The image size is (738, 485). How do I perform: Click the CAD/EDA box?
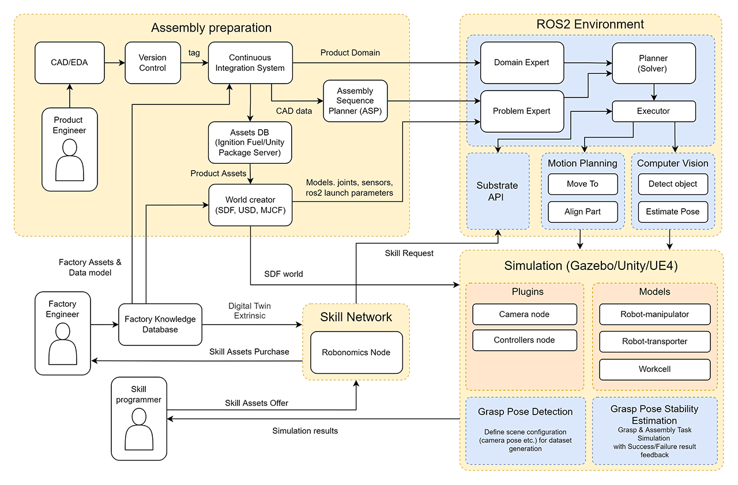point(69,62)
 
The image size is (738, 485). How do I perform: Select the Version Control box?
point(153,63)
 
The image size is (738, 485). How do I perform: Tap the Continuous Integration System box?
point(250,63)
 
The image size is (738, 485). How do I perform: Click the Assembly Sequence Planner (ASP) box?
point(355,101)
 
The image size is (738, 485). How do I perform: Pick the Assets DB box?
point(250,142)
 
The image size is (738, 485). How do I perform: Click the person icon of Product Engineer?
point(69,161)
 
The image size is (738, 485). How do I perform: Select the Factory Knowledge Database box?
point(160,324)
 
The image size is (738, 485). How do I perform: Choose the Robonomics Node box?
point(356,352)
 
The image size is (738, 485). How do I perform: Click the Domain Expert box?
point(522,62)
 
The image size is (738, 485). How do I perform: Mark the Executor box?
point(654,111)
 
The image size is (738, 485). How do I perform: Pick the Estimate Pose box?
point(673,212)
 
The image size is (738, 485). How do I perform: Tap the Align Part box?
point(582,212)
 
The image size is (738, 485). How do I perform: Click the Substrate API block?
point(497,191)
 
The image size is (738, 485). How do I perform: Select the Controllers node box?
point(524,340)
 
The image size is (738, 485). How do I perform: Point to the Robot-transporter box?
point(654,341)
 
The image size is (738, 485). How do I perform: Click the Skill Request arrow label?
point(409,253)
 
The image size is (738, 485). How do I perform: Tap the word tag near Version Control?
point(194,52)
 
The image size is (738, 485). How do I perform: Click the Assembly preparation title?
point(211,28)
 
